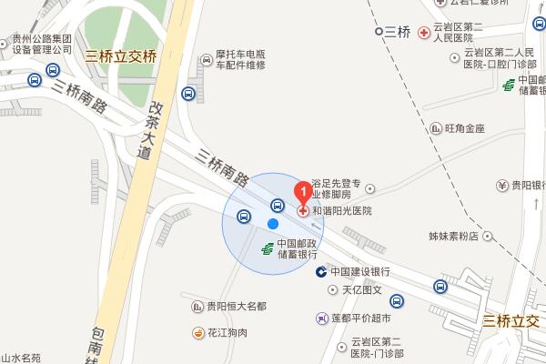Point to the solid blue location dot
(272, 224)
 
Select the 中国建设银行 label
(360, 272)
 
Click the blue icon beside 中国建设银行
(321, 272)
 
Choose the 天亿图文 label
(360, 291)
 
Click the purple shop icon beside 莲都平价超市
(321, 318)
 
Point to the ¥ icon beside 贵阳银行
(501, 186)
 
